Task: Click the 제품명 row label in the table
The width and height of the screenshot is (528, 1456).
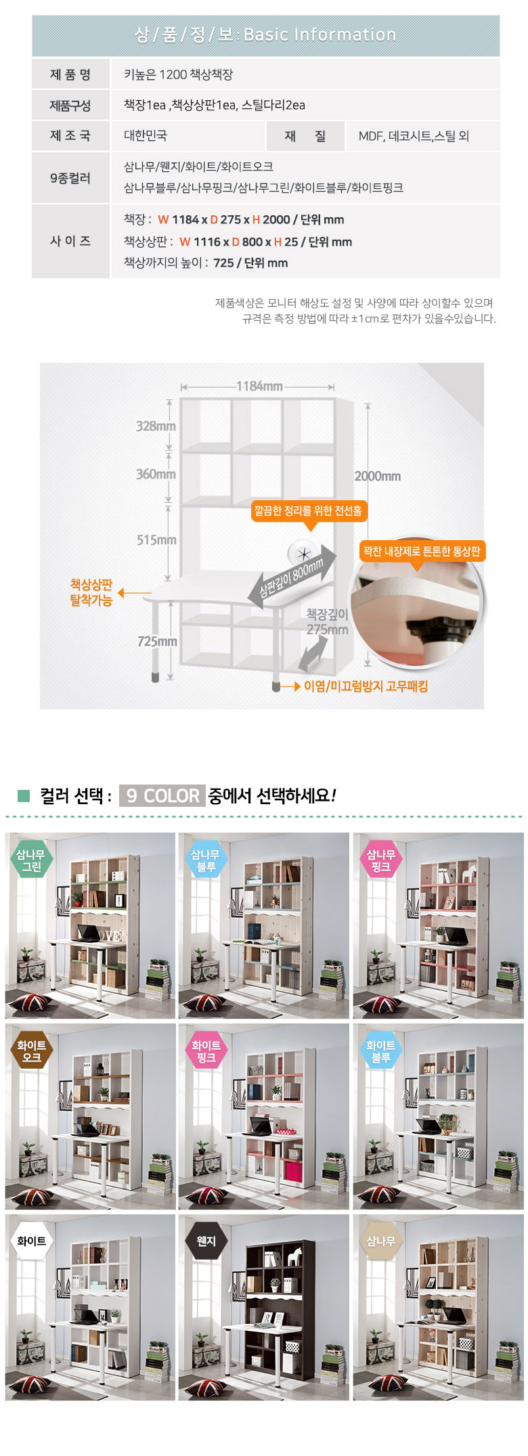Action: pos(70,74)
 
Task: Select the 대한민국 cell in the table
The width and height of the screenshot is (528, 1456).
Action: pos(146,135)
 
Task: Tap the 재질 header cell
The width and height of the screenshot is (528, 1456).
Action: pos(305,136)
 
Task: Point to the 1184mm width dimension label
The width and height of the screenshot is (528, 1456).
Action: pos(259,387)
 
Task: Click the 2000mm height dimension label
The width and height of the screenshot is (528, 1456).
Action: pos(378,476)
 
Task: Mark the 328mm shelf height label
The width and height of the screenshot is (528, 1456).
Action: pos(156,426)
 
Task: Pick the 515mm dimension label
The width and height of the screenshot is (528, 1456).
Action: pos(156,539)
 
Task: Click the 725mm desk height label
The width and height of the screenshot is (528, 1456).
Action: pos(157,641)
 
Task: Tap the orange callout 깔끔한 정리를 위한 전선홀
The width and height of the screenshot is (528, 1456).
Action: pos(309,511)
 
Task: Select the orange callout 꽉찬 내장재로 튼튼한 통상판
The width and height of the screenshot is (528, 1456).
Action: pos(422,551)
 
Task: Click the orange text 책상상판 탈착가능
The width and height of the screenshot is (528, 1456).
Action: pos(91,592)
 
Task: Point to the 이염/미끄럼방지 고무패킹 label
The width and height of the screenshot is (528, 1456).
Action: pos(366,686)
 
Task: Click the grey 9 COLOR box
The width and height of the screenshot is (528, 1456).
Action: pos(162,795)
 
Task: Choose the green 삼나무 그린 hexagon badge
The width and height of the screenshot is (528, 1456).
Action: pos(31,860)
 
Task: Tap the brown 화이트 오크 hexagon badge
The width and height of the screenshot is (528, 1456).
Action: pos(31,1051)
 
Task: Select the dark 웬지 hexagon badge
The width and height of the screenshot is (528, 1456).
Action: pos(206,1241)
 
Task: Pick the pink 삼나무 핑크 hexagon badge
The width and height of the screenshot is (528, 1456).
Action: pos(380,860)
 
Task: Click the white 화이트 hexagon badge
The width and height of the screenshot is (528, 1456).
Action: pos(31,1241)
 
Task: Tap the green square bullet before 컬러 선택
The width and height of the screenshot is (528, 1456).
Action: pos(24,795)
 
